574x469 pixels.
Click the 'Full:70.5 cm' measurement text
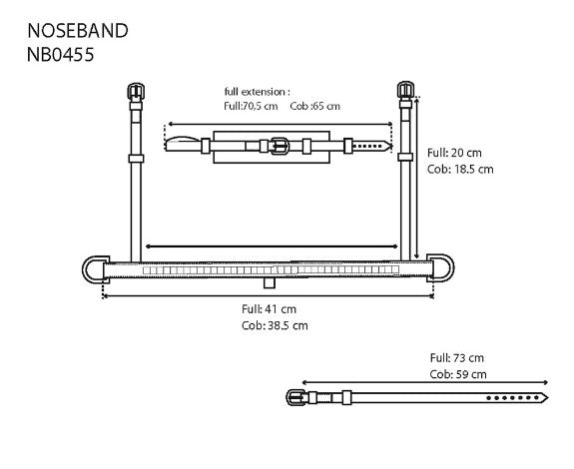pyautogui.click(x=252, y=106)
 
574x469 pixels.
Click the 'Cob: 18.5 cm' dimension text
pyautogui.click(x=460, y=169)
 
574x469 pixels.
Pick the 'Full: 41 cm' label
pyautogui.click(x=269, y=309)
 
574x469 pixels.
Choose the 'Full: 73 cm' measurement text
pyautogui.click(x=457, y=357)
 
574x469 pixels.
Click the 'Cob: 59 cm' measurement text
pyautogui.click(x=458, y=374)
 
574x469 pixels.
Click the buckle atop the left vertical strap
pyautogui.click(x=135, y=92)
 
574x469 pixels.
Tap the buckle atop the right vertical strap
pyautogui.click(x=405, y=90)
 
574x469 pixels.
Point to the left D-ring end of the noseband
pyautogui.click(x=92, y=269)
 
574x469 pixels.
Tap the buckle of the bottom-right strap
pyautogui.click(x=296, y=397)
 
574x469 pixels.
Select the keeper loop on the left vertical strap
pyautogui.click(x=135, y=158)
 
